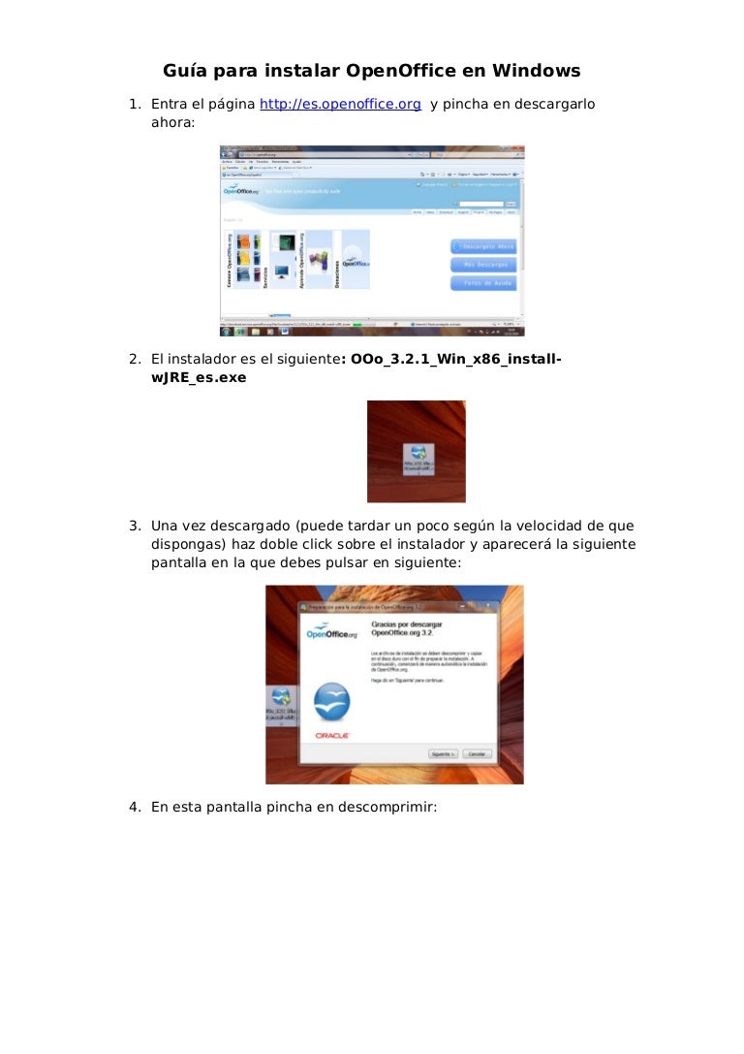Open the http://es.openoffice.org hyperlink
(x=340, y=104)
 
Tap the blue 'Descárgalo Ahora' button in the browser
(x=483, y=246)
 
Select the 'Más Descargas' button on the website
(x=483, y=265)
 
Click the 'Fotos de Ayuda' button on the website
(x=483, y=283)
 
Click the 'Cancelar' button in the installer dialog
(x=477, y=753)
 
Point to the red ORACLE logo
(x=332, y=736)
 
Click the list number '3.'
(x=137, y=526)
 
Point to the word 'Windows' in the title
(x=536, y=71)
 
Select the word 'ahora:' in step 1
(x=172, y=123)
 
